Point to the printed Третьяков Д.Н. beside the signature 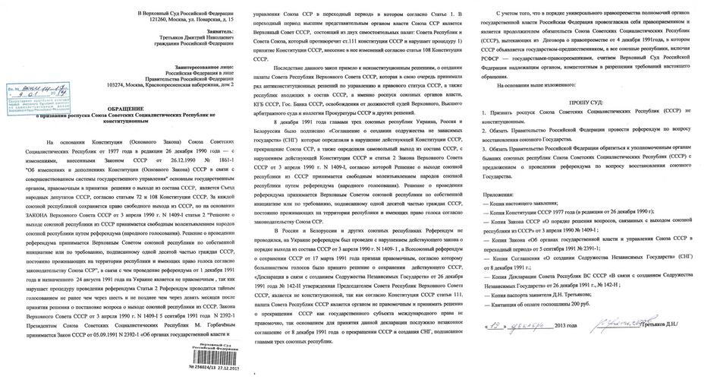tap(677, 328)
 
